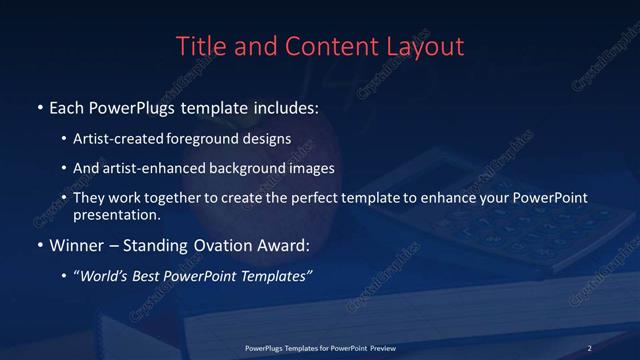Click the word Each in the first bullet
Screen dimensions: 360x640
(x=68, y=106)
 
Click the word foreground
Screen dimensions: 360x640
(x=209, y=139)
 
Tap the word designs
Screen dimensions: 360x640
(x=270, y=139)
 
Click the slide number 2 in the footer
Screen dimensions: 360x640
(x=590, y=347)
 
